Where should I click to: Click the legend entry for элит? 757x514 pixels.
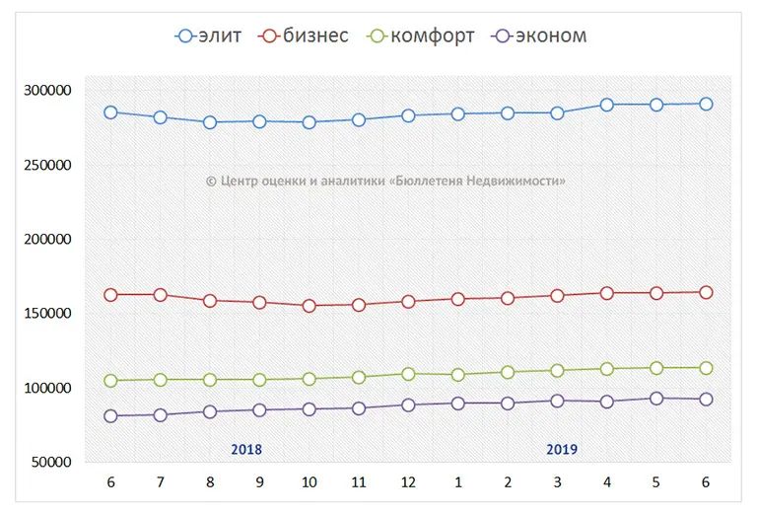pyautogui.click(x=208, y=37)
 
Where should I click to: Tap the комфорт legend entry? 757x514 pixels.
pyautogui.click(x=421, y=37)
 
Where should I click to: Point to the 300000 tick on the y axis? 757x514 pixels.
pyautogui.click(x=47, y=90)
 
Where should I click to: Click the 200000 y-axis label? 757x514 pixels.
pyautogui.click(x=47, y=239)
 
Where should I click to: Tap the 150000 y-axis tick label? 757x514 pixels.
pyautogui.click(x=47, y=313)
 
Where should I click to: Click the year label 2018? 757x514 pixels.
pyautogui.click(x=246, y=449)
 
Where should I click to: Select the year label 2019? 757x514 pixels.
pyautogui.click(x=562, y=449)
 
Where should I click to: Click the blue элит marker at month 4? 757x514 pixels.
pyautogui.click(x=607, y=105)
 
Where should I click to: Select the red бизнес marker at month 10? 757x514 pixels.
pyautogui.click(x=309, y=306)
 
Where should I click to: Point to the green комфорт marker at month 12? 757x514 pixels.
pyautogui.click(x=408, y=374)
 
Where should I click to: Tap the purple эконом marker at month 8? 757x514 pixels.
pyautogui.click(x=210, y=411)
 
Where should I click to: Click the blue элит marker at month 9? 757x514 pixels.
pyautogui.click(x=259, y=121)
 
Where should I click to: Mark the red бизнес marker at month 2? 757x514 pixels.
pyautogui.click(x=508, y=298)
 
